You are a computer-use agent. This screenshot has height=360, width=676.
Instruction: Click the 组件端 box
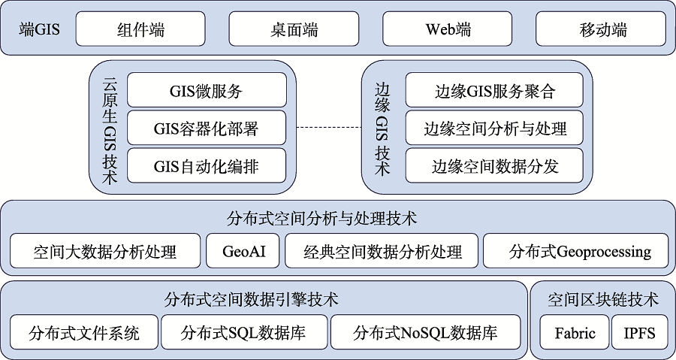click(x=140, y=29)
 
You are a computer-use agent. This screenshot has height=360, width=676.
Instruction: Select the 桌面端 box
click(x=294, y=29)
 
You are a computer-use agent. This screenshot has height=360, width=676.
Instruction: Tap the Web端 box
click(x=448, y=29)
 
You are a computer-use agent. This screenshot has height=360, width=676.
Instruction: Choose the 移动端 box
click(x=601, y=29)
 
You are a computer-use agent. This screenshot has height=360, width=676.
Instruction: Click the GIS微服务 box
click(x=207, y=89)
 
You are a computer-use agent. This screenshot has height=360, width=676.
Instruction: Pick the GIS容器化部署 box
click(x=207, y=128)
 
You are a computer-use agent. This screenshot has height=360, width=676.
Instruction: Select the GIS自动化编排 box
click(x=207, y=165)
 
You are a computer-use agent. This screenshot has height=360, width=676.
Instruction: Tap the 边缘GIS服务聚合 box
click(x=494, y=89)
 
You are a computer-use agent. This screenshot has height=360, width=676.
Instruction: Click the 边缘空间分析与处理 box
click(x=494, y=128)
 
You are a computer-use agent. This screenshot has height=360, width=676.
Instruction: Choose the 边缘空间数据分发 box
click(x=494, y=165)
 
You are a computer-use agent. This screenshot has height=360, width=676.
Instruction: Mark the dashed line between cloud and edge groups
click(x=329, y=128)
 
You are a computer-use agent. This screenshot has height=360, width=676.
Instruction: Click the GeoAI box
click(x=243, y=250)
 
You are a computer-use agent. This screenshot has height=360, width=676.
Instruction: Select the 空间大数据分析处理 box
click(x=105, y=250)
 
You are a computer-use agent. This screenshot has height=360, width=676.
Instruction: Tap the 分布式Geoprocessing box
click(x=575, y=250)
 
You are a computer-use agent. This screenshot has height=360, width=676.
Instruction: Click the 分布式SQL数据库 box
click(x=244, y=332)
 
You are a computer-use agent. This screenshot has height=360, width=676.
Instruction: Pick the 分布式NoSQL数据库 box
click(x=426, y=332)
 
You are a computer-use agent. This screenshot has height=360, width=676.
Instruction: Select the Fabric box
click(x=575, y=332)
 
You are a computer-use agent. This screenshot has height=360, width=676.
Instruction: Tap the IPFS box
click(x=640, y=332)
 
